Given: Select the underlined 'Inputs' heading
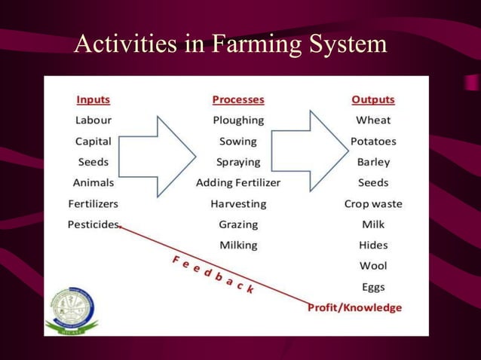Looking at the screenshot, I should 93,99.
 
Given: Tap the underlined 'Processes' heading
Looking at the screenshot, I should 238,99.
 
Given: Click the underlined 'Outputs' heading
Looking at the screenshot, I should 373,99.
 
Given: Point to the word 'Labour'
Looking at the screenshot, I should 93,121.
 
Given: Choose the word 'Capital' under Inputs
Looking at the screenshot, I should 93,141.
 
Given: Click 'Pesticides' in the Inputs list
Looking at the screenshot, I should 93,224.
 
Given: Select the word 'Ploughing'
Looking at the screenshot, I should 238,121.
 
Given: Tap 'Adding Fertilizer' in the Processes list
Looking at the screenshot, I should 238,183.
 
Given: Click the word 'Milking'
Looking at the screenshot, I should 238,245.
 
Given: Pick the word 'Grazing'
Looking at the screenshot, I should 238,224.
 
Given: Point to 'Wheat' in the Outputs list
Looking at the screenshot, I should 373,121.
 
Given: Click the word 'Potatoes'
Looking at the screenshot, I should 373,141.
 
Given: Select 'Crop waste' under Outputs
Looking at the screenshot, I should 373,203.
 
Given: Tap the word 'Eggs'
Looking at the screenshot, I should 373,286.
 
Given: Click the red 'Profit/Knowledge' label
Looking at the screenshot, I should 354,307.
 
